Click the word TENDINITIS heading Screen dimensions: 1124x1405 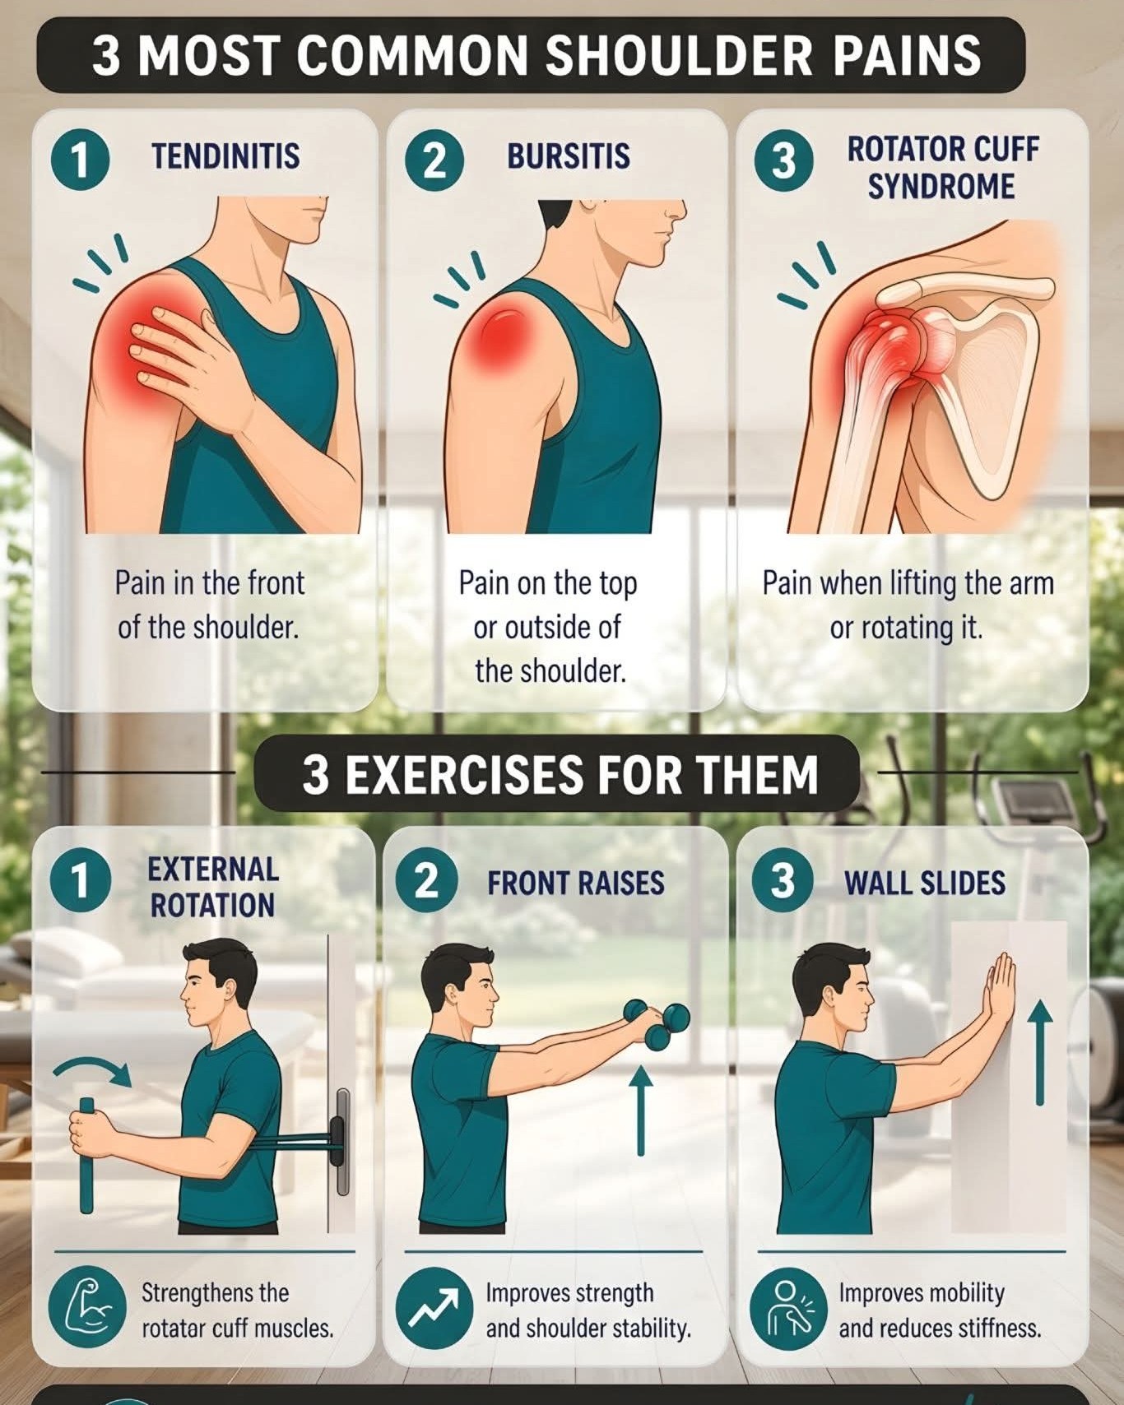(x=225, y=155)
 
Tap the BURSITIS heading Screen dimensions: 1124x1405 (x=569, y=155)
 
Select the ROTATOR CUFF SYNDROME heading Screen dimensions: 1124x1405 (x=942, y=168)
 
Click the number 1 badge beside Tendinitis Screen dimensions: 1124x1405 (x=80, y=160)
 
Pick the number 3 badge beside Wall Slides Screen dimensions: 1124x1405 (x=782, y=881)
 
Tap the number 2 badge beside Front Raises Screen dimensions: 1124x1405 (x=425, y=881)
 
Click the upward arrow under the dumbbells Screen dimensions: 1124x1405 (x=640, y=1111)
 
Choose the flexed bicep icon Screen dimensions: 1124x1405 (x=81, y=1309)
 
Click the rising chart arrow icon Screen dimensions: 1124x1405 (x=427, y=1309)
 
